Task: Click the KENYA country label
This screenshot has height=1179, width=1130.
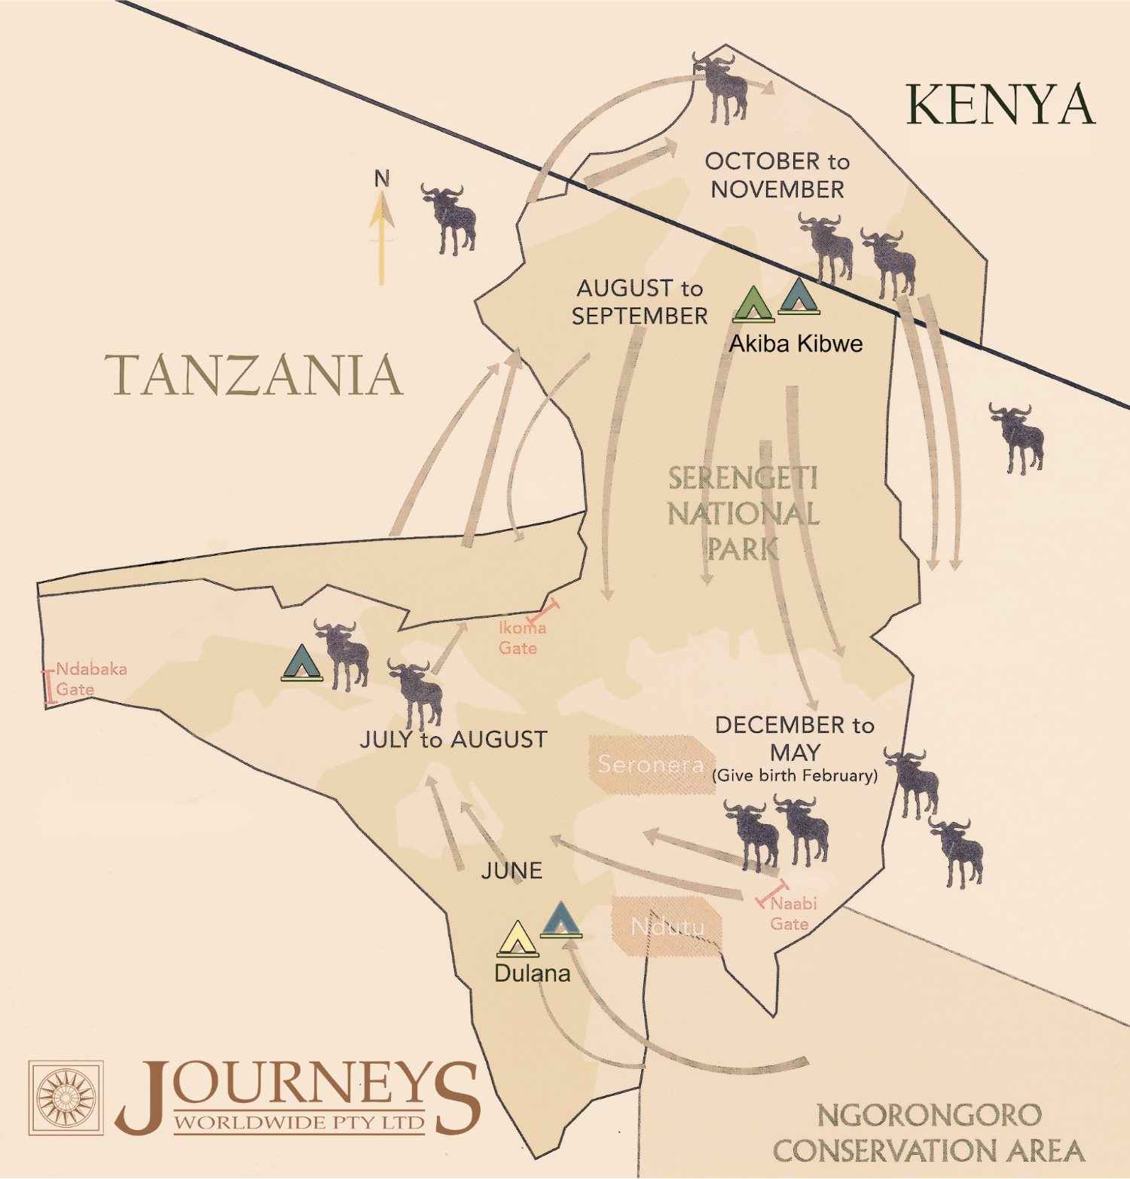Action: tap(1000, 105)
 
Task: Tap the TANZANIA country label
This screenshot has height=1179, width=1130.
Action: tap(254, 375)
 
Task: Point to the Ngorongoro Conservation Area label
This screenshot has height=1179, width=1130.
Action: tap(928, 1133)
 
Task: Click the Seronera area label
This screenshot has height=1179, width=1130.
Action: tap(651, 765)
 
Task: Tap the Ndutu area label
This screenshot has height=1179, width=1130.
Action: tap(667, 927)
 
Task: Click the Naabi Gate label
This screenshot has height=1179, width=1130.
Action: tap(792, 913)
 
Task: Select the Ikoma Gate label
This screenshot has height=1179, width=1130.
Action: tap(521, 637)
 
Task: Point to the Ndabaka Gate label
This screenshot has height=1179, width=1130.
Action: tap(90, 679)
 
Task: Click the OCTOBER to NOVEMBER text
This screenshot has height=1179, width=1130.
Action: tap(777, 175)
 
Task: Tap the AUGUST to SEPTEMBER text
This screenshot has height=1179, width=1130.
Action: tap(640, 302)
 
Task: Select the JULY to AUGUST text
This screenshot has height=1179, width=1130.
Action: tap(454, 740)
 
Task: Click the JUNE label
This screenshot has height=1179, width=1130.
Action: tap(512, 871)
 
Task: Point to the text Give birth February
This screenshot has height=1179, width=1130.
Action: tap(795, 776)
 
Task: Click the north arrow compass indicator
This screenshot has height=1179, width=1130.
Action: tap(381, 230)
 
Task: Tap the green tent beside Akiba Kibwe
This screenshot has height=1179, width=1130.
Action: tap(753, 304)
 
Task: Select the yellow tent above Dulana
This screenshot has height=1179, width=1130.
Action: tap(518, 939)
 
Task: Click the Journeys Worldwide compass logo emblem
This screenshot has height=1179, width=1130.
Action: tap(66, 1098)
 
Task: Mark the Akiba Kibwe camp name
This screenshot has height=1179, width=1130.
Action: tap(796, 344)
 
